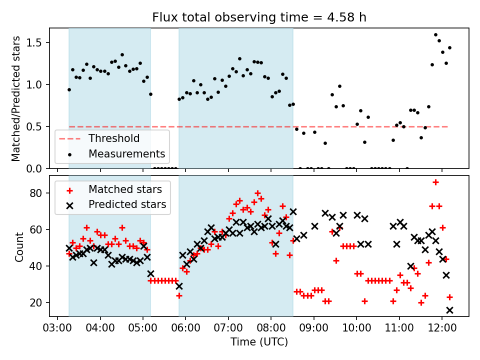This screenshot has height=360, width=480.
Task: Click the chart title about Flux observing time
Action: coord(259,17)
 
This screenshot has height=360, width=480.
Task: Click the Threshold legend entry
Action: coord(114,138)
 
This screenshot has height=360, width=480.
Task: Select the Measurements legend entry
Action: coord(126,153)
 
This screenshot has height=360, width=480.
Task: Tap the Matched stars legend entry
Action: coord(125,189)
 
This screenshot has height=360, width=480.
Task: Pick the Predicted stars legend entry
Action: coord(127,204)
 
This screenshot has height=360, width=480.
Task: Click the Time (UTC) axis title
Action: coord(259,342)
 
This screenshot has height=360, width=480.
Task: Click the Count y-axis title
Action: coord(19,246)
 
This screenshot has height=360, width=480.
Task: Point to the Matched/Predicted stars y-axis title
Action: coord(16,98)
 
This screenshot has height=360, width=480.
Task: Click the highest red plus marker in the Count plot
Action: coord(435,182)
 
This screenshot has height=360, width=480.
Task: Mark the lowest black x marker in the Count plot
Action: coord(449,310)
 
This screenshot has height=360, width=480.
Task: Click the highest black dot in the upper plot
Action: coord(435,35)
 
